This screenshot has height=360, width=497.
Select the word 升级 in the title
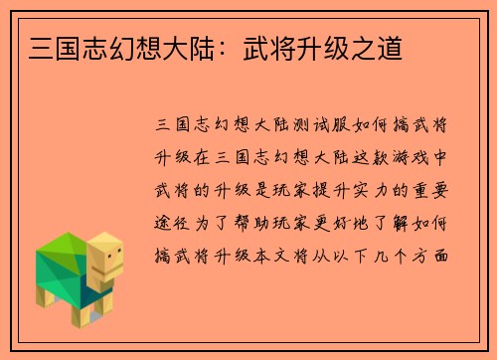click(x=328, y=47)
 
